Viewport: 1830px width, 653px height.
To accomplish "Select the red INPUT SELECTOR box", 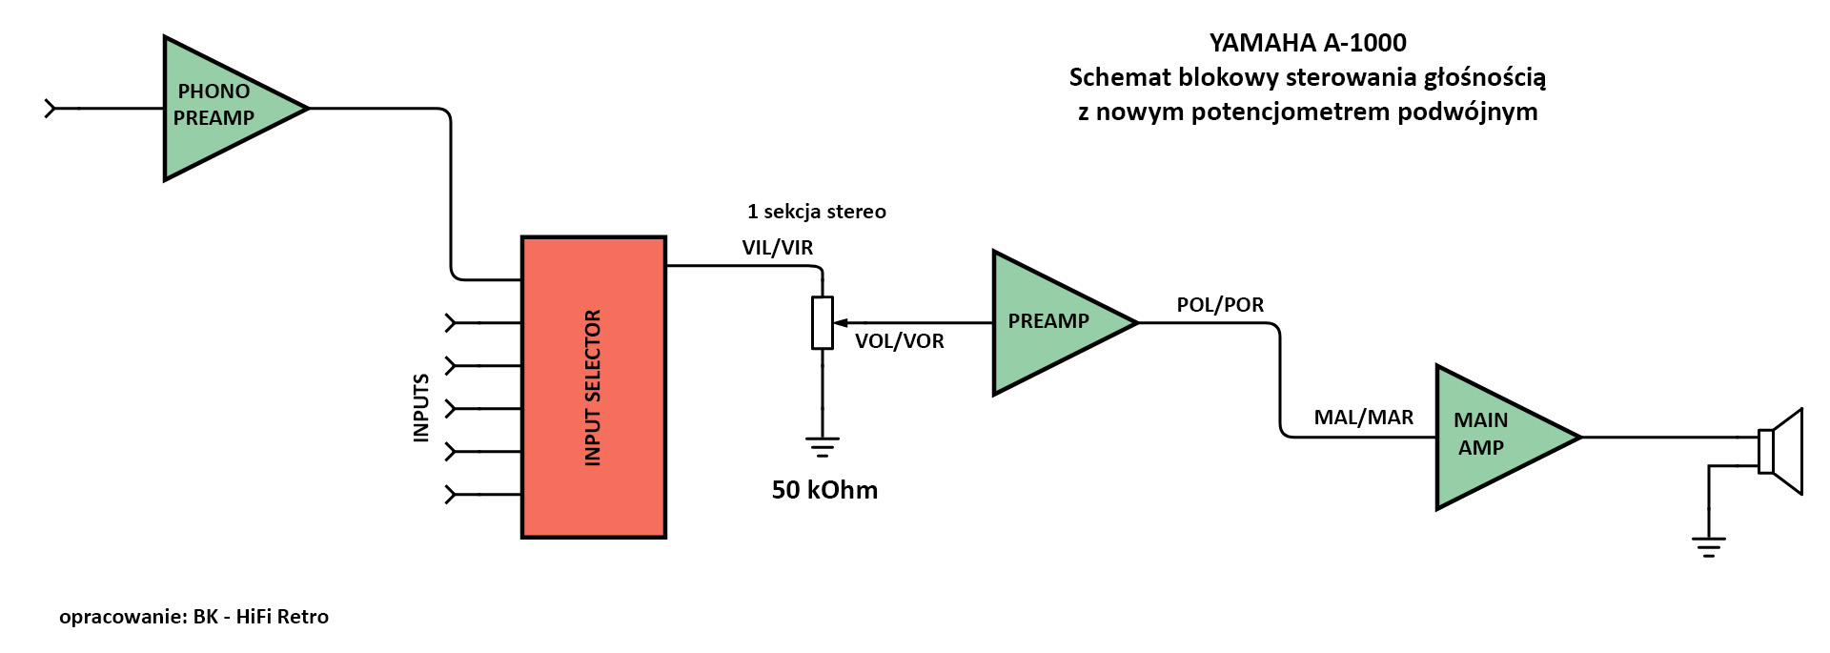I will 593,387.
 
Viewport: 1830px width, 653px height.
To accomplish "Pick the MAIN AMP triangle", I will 1493,437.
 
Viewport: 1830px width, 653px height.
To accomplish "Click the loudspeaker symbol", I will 1780,451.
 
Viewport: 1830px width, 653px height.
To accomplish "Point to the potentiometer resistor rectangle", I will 823,323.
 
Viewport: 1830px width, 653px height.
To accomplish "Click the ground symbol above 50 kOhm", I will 823,446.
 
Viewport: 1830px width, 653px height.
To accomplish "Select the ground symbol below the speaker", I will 1709,546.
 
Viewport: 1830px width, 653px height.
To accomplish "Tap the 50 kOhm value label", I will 824,490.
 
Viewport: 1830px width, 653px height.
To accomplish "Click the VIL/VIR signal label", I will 778,248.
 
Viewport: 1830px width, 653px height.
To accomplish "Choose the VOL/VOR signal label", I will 899,341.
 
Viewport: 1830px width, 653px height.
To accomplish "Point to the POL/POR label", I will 1220,305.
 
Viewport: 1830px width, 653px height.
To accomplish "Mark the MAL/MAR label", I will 1363,418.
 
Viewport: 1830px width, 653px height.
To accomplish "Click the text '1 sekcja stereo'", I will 817,212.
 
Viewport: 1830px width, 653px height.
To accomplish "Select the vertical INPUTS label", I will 420,408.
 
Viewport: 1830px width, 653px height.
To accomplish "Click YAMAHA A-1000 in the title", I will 1308,43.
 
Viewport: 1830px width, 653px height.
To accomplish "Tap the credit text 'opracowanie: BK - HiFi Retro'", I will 193,617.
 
